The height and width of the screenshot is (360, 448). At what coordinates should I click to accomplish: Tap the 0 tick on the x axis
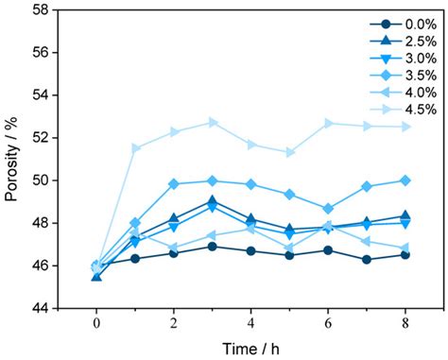[95, 322]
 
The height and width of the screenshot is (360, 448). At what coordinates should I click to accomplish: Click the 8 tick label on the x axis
[405, 322]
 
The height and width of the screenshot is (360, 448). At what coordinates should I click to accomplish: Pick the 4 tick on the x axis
[250, 322]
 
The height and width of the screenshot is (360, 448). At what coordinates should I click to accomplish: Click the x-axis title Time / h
[250, 346]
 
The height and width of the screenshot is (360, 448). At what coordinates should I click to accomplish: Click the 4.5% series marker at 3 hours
[213, 122]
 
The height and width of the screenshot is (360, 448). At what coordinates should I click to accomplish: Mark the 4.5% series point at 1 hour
[135, 147]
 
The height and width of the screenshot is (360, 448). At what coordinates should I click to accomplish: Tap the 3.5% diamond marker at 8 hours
[405, 180]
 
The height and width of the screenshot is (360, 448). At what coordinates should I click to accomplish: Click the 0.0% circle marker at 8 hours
[405, 254]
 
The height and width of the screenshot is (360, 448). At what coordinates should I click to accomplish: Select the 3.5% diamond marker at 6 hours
[328, 209]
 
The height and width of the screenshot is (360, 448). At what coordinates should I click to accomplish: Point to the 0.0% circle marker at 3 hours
[213, 247]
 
